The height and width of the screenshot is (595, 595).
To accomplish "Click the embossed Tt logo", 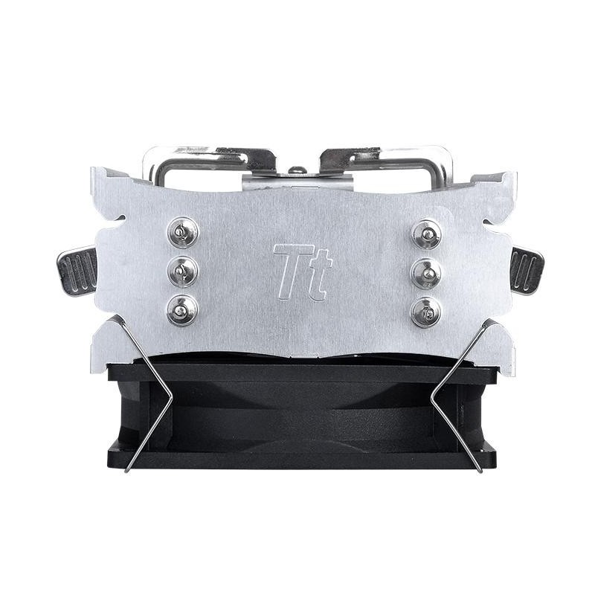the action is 303,271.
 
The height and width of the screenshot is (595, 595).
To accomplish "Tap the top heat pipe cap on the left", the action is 183,232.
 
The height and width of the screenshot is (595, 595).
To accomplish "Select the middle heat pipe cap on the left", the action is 183,271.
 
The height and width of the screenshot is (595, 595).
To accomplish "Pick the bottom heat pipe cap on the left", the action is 183,310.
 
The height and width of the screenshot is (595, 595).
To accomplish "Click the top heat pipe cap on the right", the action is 427,234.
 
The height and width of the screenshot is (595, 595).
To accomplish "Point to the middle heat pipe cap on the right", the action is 427,273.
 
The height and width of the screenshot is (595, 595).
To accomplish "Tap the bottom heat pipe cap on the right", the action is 427,312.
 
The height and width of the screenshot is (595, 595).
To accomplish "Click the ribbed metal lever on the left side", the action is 77,271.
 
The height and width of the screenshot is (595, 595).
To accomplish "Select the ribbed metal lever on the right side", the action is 527,271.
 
